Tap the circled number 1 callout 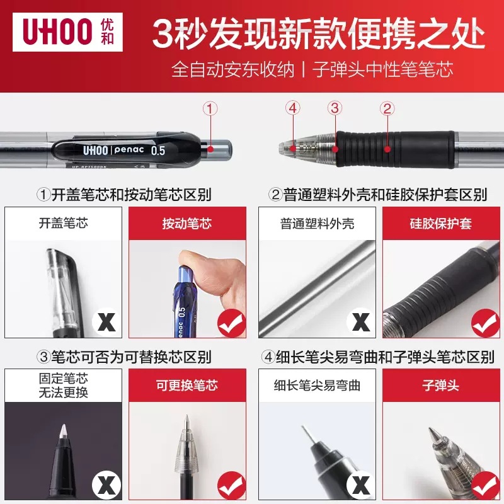pyautogui.click(x=210, y=108)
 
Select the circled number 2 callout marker pyautogui.click(x=387, y=108)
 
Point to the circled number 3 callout pyautogui.click(x=335, y=108)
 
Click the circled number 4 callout pyautogui.click(x=291, y=108)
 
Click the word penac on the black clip pyautogui.click(x=129, y=151)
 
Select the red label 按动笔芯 pyautogui.click(x=187, y=224)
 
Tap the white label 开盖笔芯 pyautogui.click(x=64, y=224)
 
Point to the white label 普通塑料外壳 pyautogui.click(x=318, y=224)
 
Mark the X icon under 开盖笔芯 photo pyautogui.click(x=106, y=323)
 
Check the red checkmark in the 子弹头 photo pyautogui.click(x=485, y=485)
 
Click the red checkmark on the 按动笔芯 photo pyautogui.click(x=231, y=323)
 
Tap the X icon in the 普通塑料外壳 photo pyautogui.click(x=360, y=323)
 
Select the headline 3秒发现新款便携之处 pyautogui.click(x=319, y=34)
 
